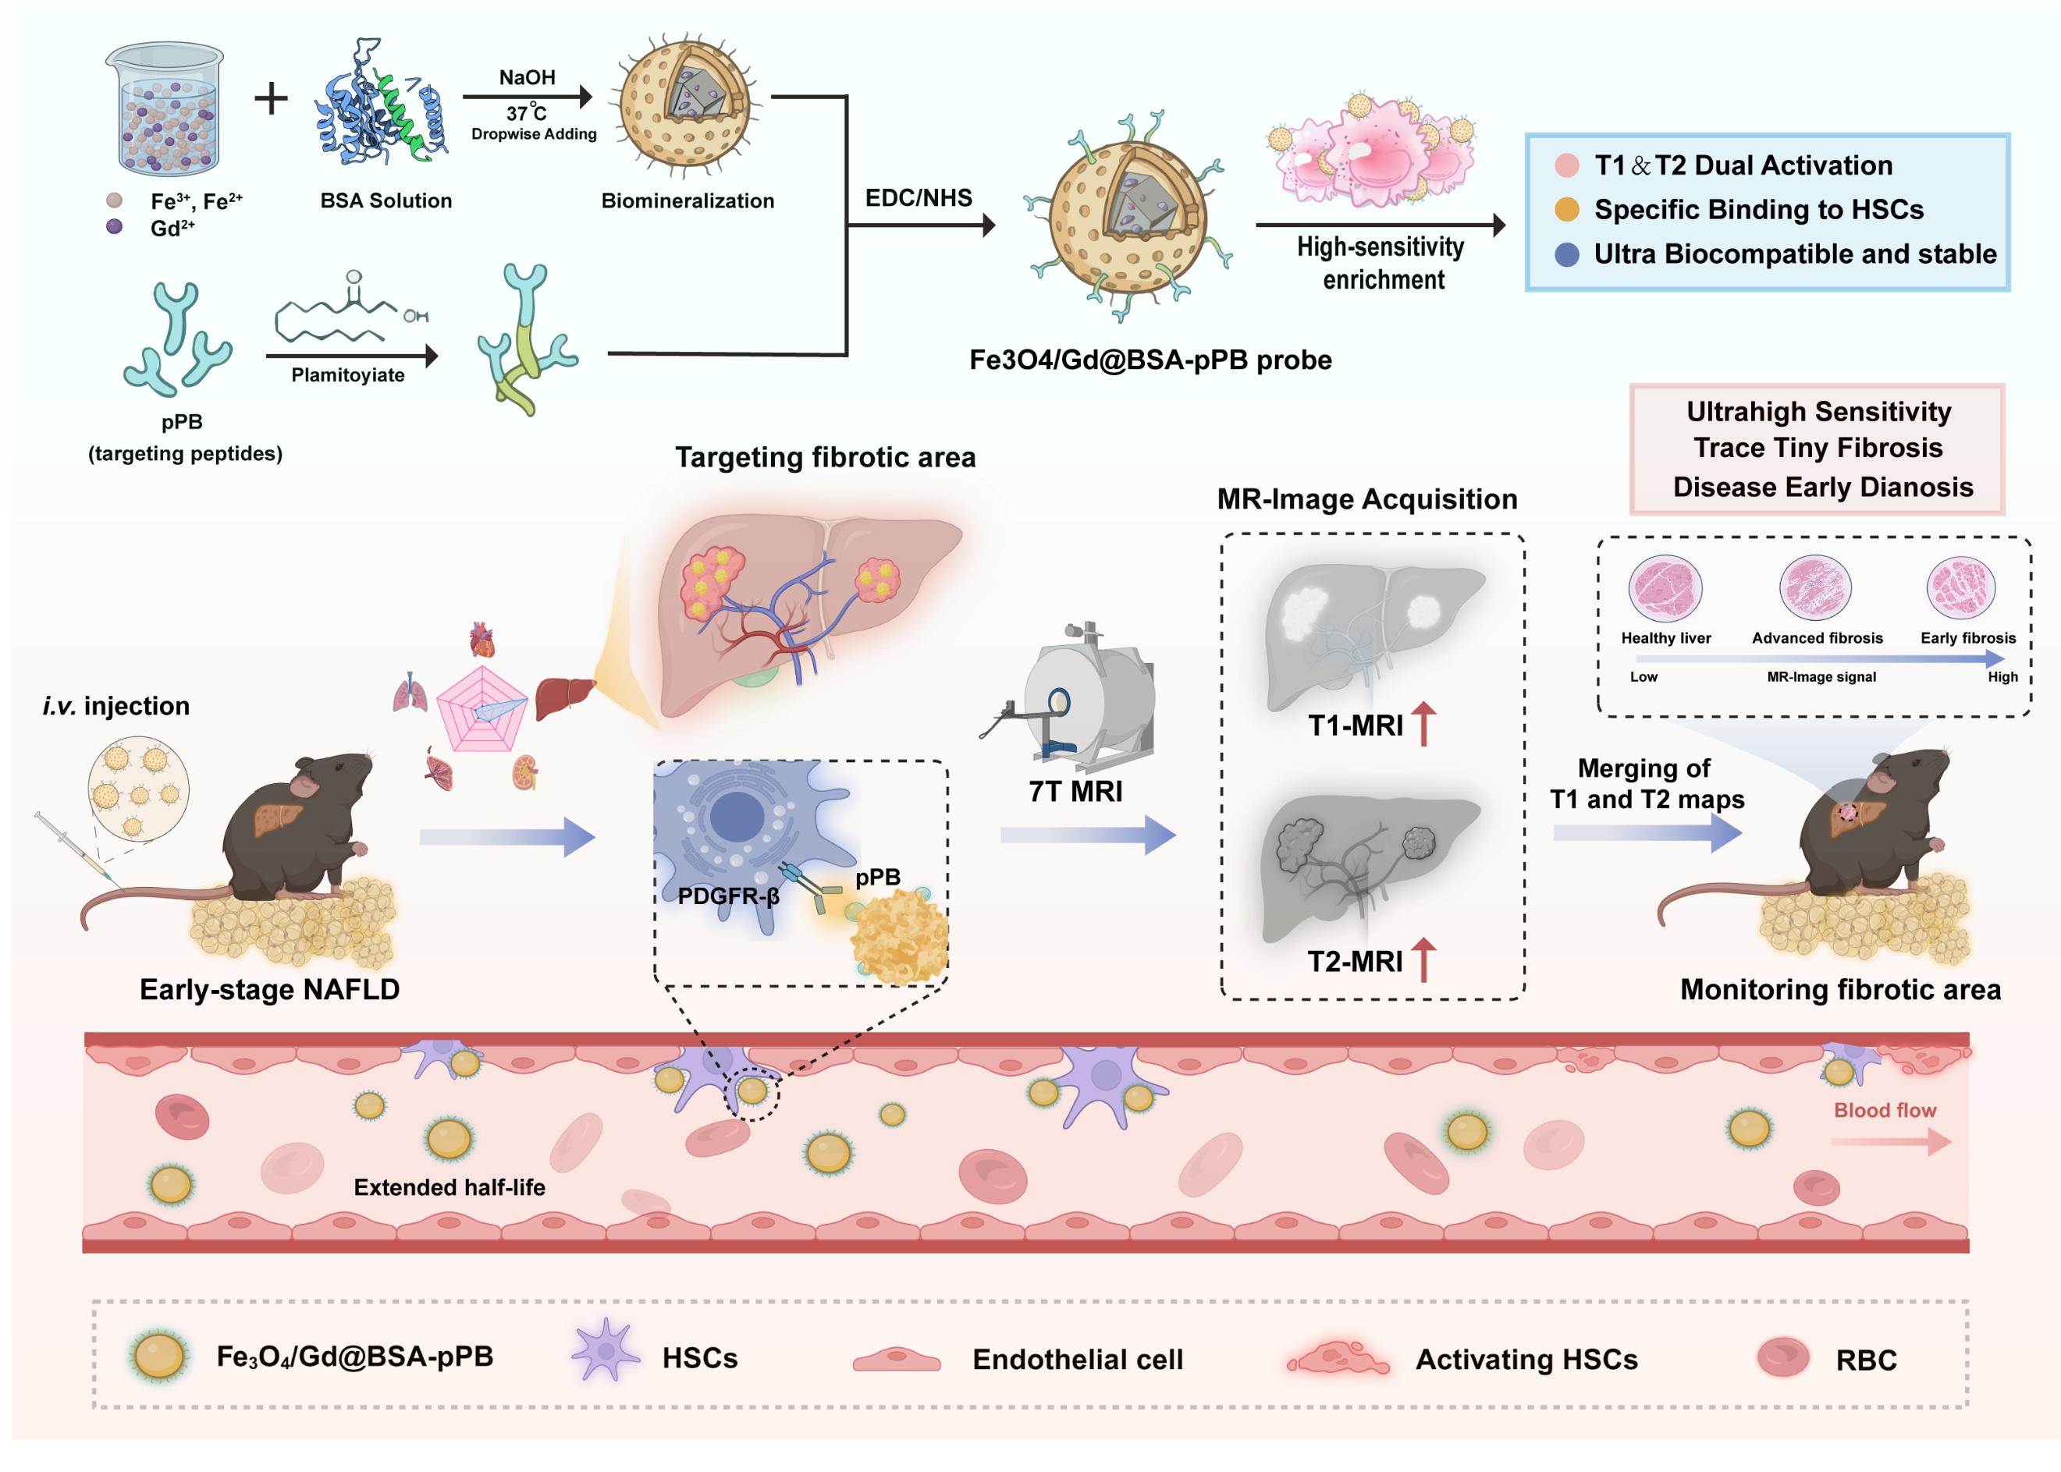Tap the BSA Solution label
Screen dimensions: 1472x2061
tap(386, 200)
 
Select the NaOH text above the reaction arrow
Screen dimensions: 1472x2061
tap(527, 78)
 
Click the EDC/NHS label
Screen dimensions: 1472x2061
tap(918, 197)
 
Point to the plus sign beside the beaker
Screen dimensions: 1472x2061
tap(270, 98)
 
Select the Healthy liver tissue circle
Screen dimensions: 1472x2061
tap(1665, 587)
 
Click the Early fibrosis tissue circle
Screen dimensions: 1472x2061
tap(1960, 587)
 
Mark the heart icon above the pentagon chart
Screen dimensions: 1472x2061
tap(482, 639)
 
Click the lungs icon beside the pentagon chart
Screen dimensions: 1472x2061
tap(410, 693)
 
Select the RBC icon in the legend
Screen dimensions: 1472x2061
tap(1782, 1357)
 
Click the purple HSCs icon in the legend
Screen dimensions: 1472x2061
tap(605, 1350)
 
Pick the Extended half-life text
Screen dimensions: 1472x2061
tap(449, 1187)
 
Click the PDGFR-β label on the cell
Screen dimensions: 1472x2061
tap(728, 896)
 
